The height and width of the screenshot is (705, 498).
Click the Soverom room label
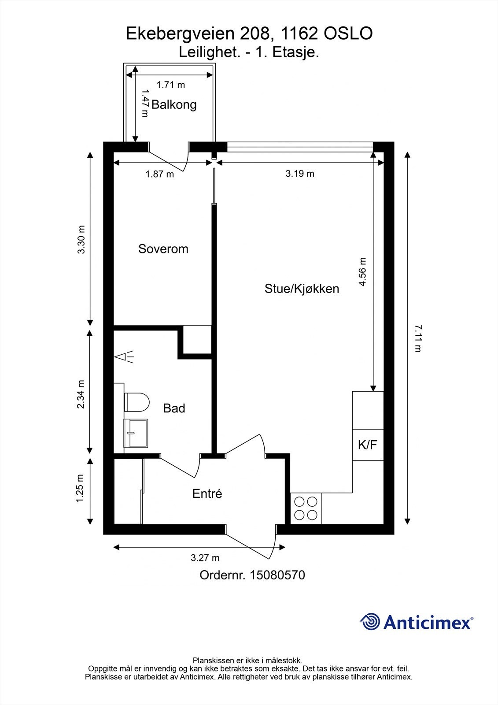click(163, 249)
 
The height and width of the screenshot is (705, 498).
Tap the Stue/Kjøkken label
click(302, 289)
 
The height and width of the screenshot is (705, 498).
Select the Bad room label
click(174, 408)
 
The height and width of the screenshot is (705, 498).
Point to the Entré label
click(207, 494)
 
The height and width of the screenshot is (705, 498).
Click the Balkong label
click(174, 105)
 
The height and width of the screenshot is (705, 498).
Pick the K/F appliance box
click(368, 445)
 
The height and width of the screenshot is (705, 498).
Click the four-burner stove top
click(306, 508)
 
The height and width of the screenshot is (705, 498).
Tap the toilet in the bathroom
click(137, 402)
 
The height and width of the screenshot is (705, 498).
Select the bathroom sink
click(136, 433)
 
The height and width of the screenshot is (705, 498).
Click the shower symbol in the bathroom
click(125, 357)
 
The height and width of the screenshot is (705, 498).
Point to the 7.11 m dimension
click(417, 338)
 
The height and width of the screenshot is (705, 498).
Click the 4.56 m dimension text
click(362, 272)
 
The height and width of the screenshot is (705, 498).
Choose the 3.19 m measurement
click(300, 174)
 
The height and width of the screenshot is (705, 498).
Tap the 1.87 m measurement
click(160, 174)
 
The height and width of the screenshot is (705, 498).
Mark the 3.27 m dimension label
click(205, 558)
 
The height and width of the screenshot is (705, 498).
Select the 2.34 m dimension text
click(81, 394)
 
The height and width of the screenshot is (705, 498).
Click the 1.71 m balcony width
click(171, 84)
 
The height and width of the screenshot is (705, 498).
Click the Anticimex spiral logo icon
click(370, 622)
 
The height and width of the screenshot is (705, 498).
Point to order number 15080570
click(252, 575)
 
